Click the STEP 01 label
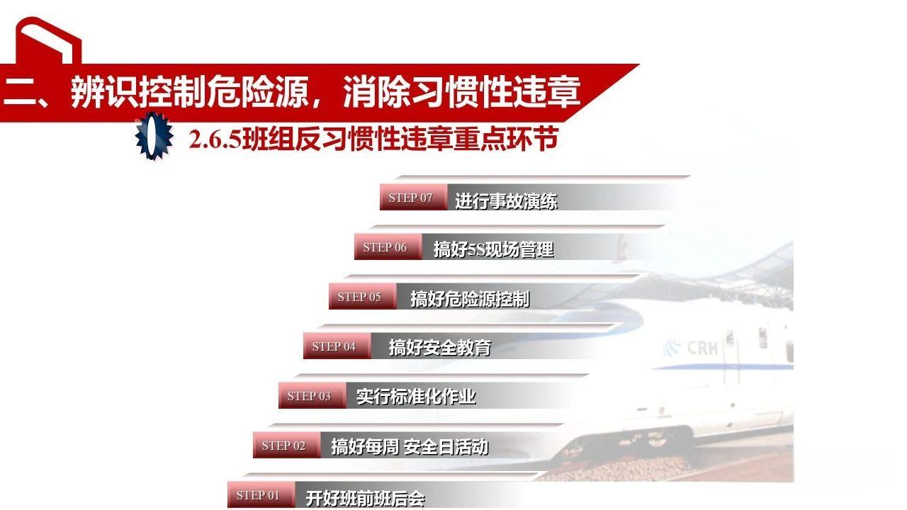(258, 495)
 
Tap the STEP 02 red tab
(283, 446)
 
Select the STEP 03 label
(309, 396)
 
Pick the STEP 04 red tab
(334, 346)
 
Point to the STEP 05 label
(359, 297)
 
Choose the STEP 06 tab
(385, 247)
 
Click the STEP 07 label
(410, 198)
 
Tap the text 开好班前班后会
(365, 498)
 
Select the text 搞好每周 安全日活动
(410, 447)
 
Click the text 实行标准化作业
(416, 397)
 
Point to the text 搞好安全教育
(439, 347)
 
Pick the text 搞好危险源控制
(470, 298)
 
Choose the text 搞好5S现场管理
(493, 249)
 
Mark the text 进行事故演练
(506, 201)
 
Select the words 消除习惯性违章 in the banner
(461, 93)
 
